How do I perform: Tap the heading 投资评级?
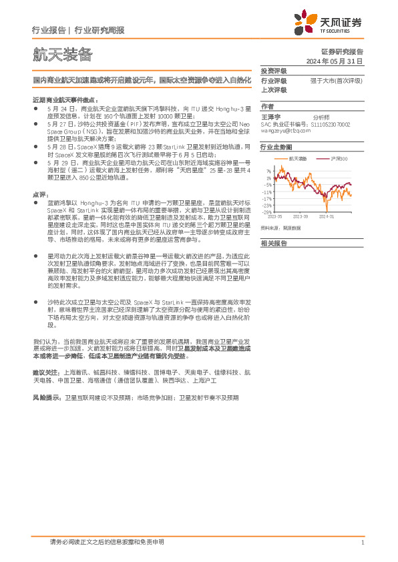tap(273, 71)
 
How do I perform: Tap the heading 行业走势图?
tap(276, 146)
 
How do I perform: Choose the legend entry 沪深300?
tap(341, 159)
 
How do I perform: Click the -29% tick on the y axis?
tap(267, 211)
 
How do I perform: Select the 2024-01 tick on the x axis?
tap(327, 216)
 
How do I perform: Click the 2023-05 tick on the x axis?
tap(274, 216)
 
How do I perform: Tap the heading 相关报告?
tap(273, 244)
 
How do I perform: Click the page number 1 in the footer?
tap(361, 543)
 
